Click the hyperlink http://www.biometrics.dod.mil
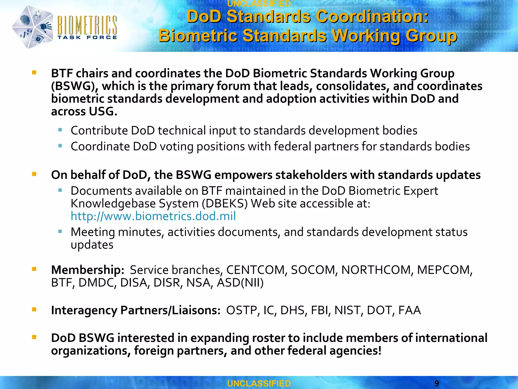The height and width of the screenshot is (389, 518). (x=153, y=216)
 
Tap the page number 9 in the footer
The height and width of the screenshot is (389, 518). (x=437, y=383)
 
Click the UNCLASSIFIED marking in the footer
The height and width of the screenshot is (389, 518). (x=259, y=383)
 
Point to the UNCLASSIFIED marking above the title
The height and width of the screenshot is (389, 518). (x=259, y=4)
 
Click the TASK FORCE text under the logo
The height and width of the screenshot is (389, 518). (x=87, y=37)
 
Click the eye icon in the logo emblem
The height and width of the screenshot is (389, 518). (x=38, y=39)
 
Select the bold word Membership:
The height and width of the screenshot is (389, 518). (x=88, y=270)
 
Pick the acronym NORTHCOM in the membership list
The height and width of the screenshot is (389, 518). (x=376, y=270)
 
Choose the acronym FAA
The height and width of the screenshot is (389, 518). (x=409, y=310)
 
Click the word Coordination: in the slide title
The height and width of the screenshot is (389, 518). (x=372, y=17)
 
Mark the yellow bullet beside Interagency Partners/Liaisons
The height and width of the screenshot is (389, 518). (x=34, y=309)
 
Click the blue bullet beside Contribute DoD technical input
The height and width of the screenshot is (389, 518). (x=60, y=130)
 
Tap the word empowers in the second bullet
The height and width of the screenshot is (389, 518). (x=243, y=175)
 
